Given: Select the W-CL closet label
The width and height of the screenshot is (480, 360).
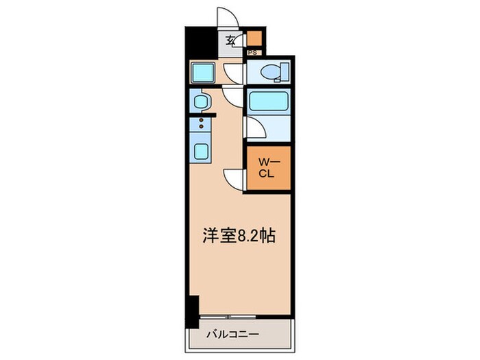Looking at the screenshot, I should [x=267, y=168].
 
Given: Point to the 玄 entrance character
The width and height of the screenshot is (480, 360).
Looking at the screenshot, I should [x=231, y=40].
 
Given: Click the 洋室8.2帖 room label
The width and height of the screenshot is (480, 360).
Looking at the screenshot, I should [x=239, y=237].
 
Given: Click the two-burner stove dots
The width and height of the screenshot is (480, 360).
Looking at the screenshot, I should [x=202, y=124].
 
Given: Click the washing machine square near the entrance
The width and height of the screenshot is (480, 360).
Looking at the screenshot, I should [x=203, y=72].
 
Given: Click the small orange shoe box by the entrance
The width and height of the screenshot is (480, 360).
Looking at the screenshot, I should [x=254, y=38].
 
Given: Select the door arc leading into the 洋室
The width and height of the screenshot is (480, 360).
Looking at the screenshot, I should [x=234, y=180].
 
